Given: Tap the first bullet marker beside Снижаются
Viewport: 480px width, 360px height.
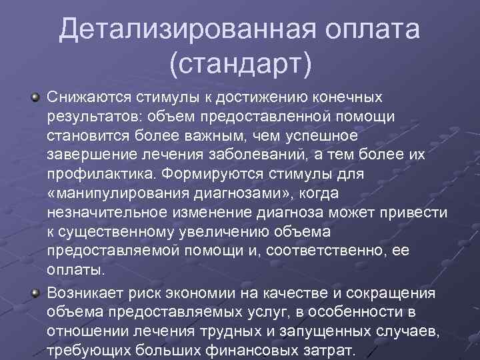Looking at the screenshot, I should pyautogui.click(x=33, y=98).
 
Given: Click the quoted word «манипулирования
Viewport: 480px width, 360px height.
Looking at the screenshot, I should pyautogui.click(x=117, y=194).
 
